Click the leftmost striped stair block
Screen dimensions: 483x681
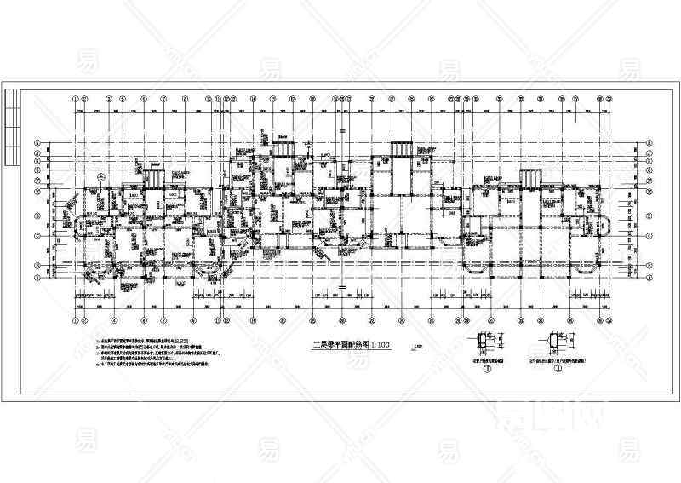pyautogui.click(x=155, y=179)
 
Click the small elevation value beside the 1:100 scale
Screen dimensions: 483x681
pyautogui.click(x=417, y=346)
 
